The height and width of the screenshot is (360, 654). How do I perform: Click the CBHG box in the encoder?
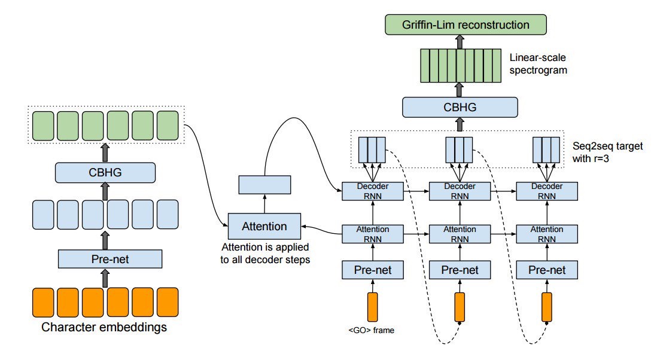pyautogui.click(x=105, y=173)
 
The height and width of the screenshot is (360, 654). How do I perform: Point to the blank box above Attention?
pyautogui.click(x=264, y=185)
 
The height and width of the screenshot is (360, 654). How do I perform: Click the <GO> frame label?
pyautogui.click(x=370, y=330)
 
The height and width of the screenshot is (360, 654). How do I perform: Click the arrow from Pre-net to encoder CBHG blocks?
pyautogui.click(x=105, y=239)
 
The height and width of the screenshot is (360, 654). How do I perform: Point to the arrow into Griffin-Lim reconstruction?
pyautogui.click(x=460, y=41)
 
